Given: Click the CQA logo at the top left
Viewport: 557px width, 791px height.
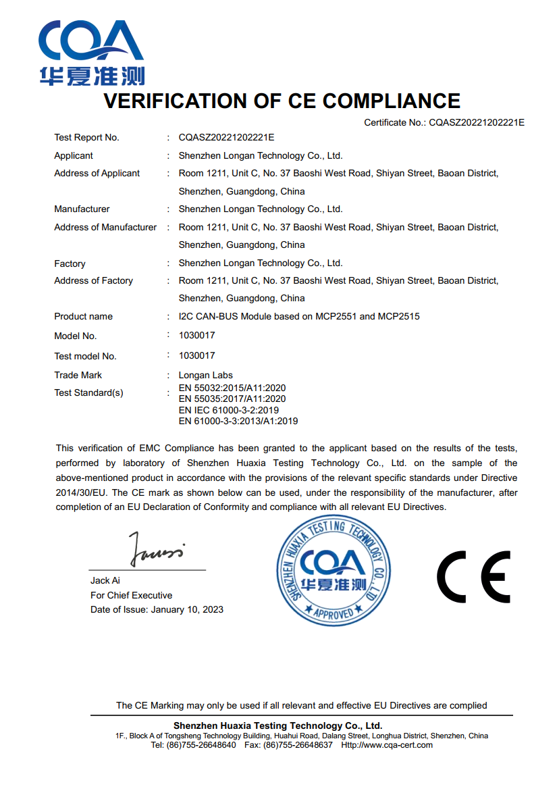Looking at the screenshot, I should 91,53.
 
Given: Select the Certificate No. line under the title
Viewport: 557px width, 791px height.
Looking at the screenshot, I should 444,122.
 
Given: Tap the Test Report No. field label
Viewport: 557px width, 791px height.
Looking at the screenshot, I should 86,138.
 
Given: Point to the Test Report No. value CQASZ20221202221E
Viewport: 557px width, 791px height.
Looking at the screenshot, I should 226,138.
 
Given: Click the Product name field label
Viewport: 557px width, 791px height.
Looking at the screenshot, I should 83,317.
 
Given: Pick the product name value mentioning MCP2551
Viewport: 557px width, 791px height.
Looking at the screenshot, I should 299,317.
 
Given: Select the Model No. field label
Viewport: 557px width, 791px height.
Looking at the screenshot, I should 75,336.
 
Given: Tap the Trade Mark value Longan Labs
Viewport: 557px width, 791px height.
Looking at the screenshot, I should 205,375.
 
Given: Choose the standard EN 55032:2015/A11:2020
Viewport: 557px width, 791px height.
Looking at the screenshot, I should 232,388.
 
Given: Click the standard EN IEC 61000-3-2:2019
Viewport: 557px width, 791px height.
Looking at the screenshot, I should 229,410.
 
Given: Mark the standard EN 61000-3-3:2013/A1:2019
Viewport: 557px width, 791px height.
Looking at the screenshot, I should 238,422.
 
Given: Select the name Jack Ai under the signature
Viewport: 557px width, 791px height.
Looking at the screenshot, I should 105,581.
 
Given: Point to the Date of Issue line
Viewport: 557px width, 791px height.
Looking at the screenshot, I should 157,610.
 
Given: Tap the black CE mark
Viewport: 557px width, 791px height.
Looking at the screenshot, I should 473,576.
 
